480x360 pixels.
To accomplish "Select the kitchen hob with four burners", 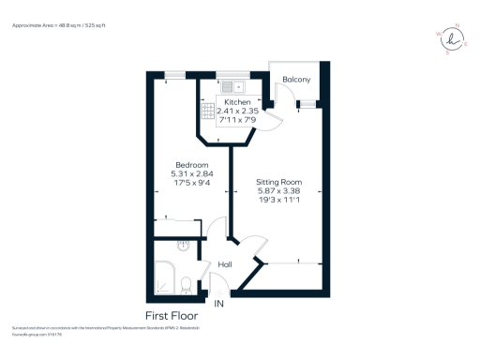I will pyautogui.click(x=208, y=110).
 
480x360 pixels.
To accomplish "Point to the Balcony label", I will pyautogui.click(x=297, y=82).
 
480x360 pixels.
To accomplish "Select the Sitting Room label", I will pyautogui.click(x=279, y=182).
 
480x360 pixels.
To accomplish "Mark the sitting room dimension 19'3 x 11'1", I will pyautogui.click(x=279, y=201).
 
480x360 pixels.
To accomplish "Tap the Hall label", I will pyautogui.click(x=225, y=265).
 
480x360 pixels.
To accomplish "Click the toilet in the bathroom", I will pyautogui.click(x=187, y=282).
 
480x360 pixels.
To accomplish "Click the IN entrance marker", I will pyautogui.click(x=219, y=304).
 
